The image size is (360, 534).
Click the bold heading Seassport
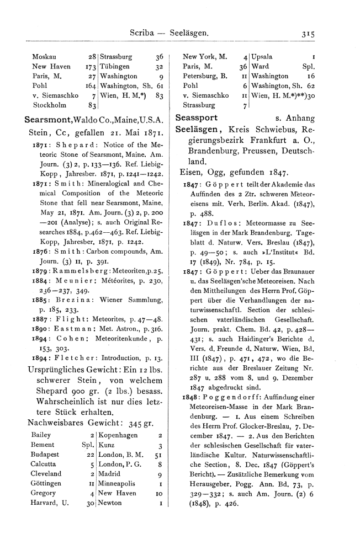[x=197, y=118]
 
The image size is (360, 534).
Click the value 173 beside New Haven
[x=92, y=66]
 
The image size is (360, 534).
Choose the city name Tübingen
[x=116, y=66]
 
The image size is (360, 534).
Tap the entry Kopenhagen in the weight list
[x=120, y=420]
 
